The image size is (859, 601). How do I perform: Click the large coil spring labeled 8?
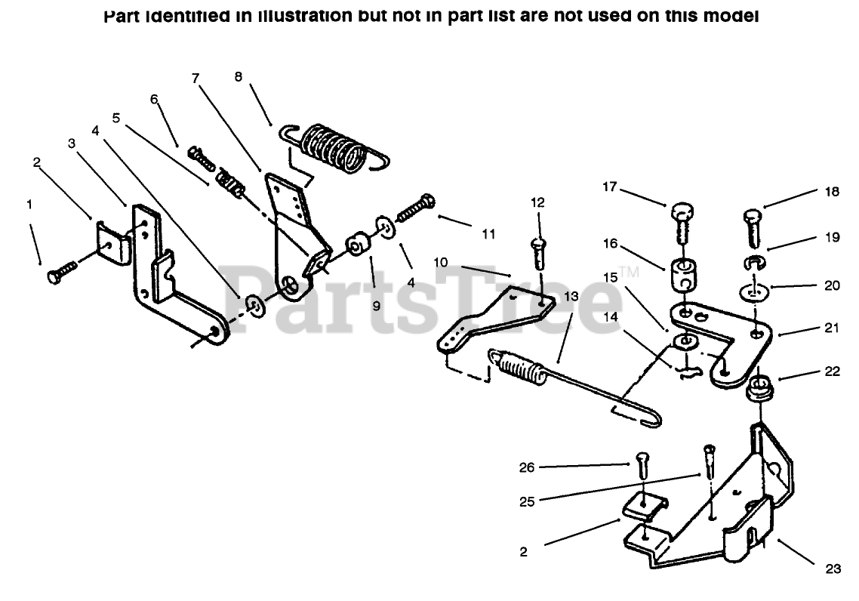pyautogui.click(x=333, y=147)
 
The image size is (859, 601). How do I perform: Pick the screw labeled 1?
pyautogui.click(x=63, y=272)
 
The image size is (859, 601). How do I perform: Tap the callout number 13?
pyautogui.click(x=571, y=297)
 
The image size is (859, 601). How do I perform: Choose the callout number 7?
pyautogui.click(x=196, y=78)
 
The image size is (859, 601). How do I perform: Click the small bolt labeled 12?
pyautogui.click(x=539, y=252)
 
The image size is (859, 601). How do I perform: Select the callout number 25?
pyautogui.click(x=527, y=501)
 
